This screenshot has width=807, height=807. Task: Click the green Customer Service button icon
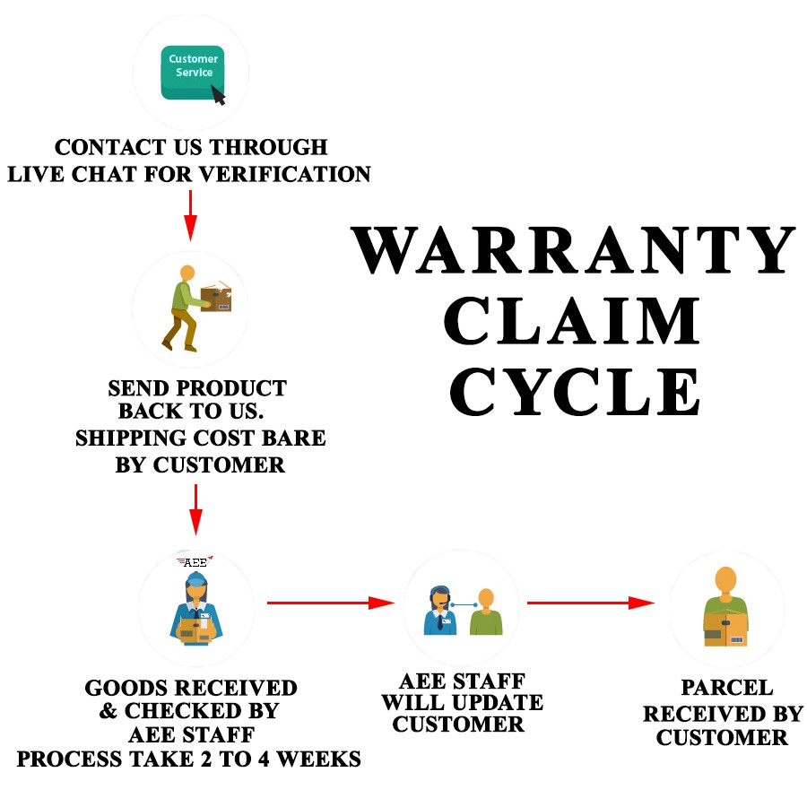(x=191, y=71)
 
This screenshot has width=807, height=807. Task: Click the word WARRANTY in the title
(x=573, y=250)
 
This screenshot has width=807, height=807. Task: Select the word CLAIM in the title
(x=573, y=321)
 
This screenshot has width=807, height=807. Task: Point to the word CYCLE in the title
(x=575, y=390)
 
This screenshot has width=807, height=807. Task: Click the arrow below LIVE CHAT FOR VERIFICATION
(x=189, y=215)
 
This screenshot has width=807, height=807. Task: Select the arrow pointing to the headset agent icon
(x=331, y=603)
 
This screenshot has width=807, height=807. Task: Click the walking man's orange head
(x=187, y=273)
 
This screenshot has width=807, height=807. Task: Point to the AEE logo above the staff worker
(x=195, y=562)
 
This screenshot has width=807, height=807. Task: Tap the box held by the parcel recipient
(x=725, y=629)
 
